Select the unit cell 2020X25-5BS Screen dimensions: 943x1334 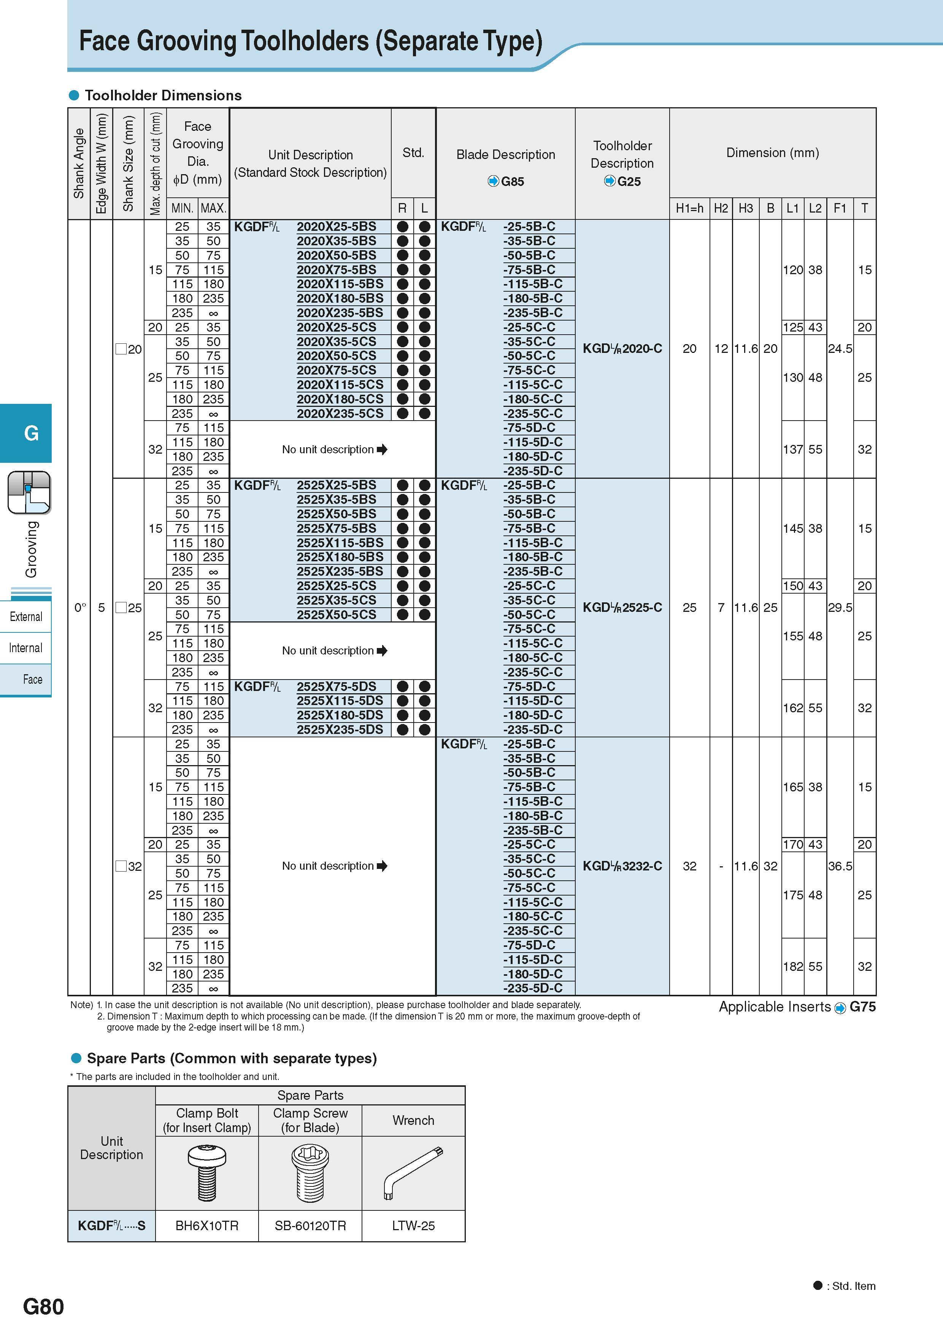(x=337, y=227)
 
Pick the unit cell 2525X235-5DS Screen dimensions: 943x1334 (x=340, y=730)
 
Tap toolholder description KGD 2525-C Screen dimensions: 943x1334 (x=622, y=608)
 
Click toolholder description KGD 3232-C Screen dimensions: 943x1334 (x=622, y=866)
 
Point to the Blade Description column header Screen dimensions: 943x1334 (x=505, y=154)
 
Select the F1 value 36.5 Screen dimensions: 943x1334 (x=840, y=866)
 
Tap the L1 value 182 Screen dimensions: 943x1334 (x=792, y=967)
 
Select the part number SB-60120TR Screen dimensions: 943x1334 (x=310, y=1226)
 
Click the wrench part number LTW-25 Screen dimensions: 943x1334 (x=413, y=1226)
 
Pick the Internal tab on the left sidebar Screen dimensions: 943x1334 (x=25, y=648)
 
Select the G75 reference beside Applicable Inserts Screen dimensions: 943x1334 (x=862, y=1007)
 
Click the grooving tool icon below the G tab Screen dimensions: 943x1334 (x=29, y=493)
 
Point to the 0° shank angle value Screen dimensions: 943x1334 (x=80, y=608)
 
